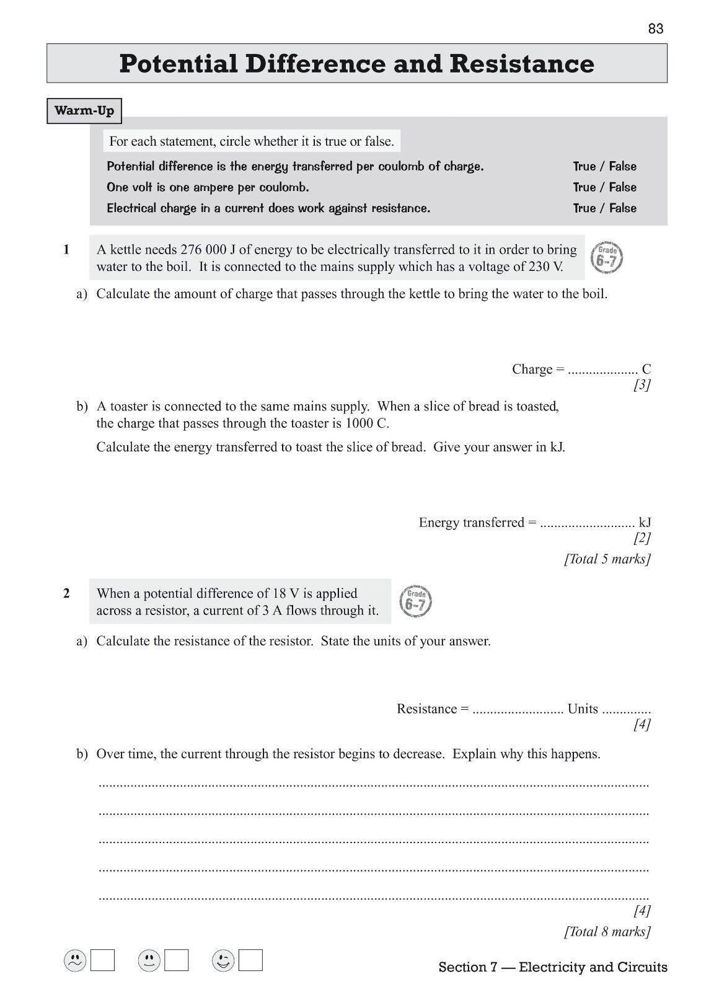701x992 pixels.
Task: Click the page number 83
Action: tap(656, 29)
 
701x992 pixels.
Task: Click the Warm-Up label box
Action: tap(84, 111)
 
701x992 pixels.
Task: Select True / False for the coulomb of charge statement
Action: tap(604, 166)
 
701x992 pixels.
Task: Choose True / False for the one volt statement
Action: tap(604, 187)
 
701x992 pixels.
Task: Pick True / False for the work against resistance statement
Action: tap(604, 208)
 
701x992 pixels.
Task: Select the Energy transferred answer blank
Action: tap(588, 523)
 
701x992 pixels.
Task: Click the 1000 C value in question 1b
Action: tap(363, 423)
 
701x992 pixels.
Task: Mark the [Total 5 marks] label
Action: tap(607, 559)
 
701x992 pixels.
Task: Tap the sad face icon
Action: tap(75, 961)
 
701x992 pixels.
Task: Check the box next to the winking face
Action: tap(250, 960)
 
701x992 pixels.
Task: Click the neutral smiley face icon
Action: tap(149, 961)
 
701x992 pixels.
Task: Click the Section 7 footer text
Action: tap(553, 967)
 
